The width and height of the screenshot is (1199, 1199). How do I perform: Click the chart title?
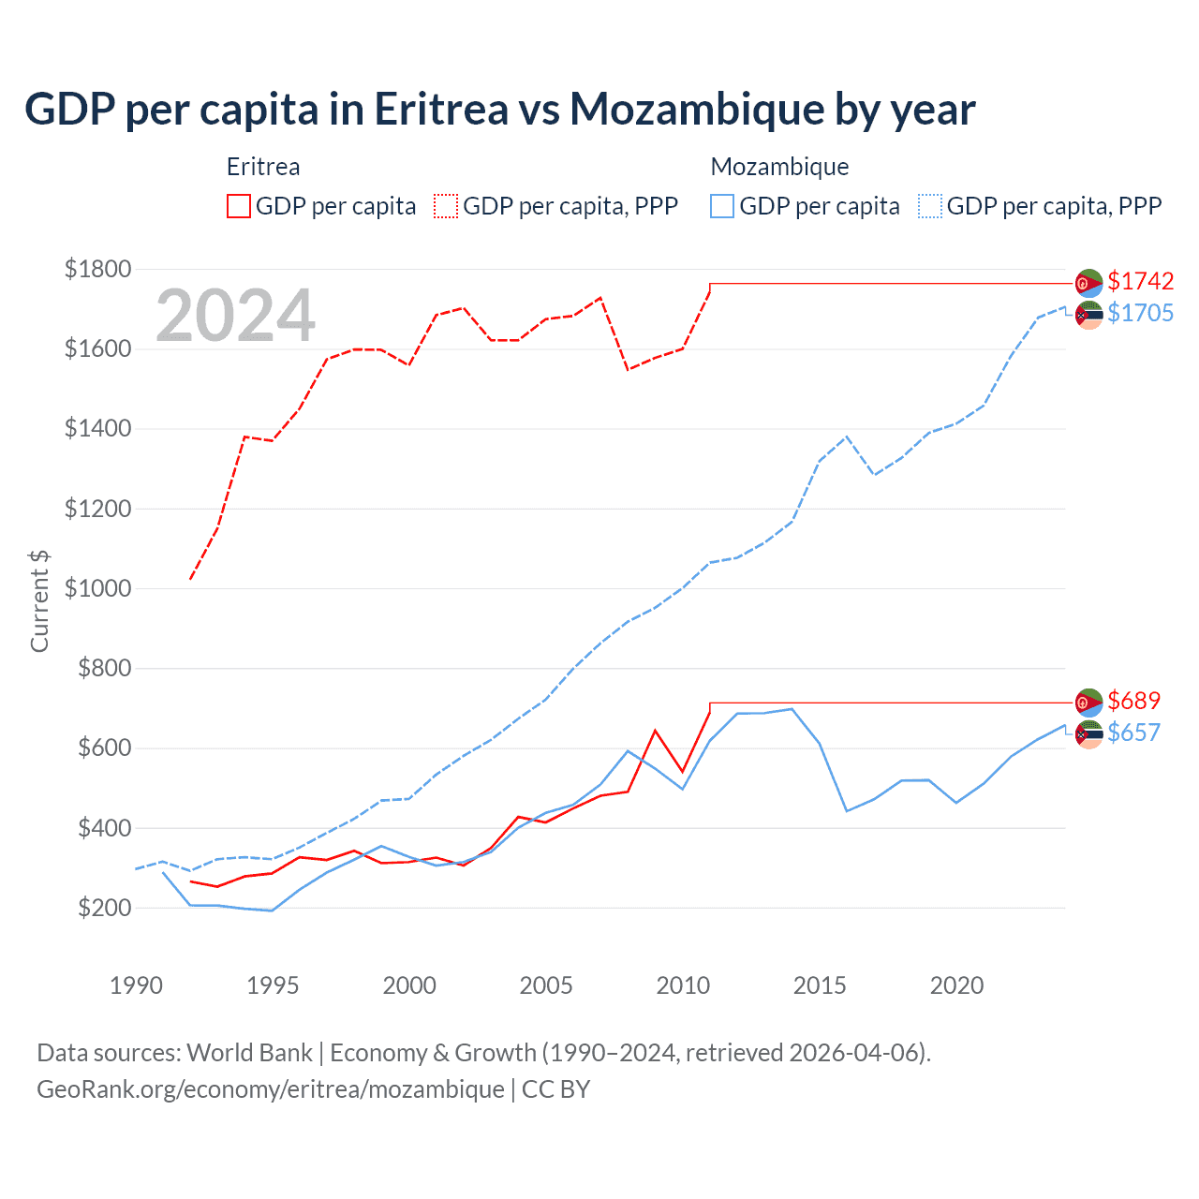500,110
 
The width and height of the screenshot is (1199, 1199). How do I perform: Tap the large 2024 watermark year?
235,316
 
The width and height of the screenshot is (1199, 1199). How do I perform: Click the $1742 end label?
1140,281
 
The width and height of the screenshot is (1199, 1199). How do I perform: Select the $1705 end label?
1140,313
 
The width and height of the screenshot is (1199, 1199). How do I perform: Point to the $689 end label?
1133,701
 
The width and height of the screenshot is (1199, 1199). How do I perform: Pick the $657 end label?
1133,733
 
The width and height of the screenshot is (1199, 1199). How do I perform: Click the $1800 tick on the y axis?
98,270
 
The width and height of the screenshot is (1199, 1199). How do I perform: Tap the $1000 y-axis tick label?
98,589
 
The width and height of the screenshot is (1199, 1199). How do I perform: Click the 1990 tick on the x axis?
136,985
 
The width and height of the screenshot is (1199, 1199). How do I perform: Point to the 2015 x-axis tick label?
820,985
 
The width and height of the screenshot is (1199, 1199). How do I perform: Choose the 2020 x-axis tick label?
956,985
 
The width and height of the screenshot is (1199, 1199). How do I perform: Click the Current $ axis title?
39,601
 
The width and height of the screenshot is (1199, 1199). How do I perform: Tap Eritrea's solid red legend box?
239,206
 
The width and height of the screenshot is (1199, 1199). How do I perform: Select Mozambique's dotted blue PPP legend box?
930,206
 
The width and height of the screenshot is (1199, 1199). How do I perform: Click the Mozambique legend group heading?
779,167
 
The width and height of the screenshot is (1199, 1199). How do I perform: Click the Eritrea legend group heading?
263,167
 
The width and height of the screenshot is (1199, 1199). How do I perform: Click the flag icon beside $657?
1088,734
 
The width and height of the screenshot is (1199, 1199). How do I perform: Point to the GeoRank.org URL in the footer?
271,1089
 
